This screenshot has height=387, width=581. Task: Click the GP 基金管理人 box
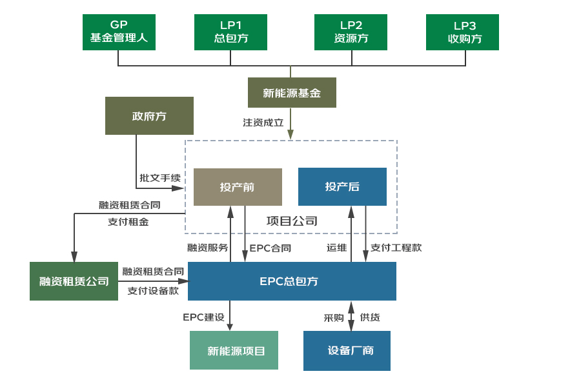[119, 32]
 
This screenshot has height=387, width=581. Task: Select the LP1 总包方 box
[231, 32]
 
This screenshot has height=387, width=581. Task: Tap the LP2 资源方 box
[351, 32]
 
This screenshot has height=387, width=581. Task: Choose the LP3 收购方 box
[462, 32]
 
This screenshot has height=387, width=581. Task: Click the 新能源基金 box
[292, 93]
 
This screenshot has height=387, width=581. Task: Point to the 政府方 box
[149, 116]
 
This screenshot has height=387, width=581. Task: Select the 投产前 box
[238, 187]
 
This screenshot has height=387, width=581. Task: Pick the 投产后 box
[342, 187]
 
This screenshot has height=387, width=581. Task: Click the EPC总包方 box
[292, 281]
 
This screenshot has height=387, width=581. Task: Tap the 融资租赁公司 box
[74, 281]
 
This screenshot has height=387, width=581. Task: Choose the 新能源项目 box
[234, 350]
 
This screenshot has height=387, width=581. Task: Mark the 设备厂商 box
[347, 351]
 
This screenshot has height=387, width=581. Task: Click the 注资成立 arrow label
[263, 122]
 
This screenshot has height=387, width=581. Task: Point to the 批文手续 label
[160, 177]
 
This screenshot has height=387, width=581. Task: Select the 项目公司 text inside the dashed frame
[292, 221]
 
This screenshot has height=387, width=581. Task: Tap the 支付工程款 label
[396, 247]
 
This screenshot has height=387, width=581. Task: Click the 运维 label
[336, 247]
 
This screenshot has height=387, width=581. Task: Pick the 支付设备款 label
[153, 290]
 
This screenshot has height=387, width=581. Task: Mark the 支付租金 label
[128, 221]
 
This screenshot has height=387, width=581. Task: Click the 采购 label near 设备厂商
[334, 317]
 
